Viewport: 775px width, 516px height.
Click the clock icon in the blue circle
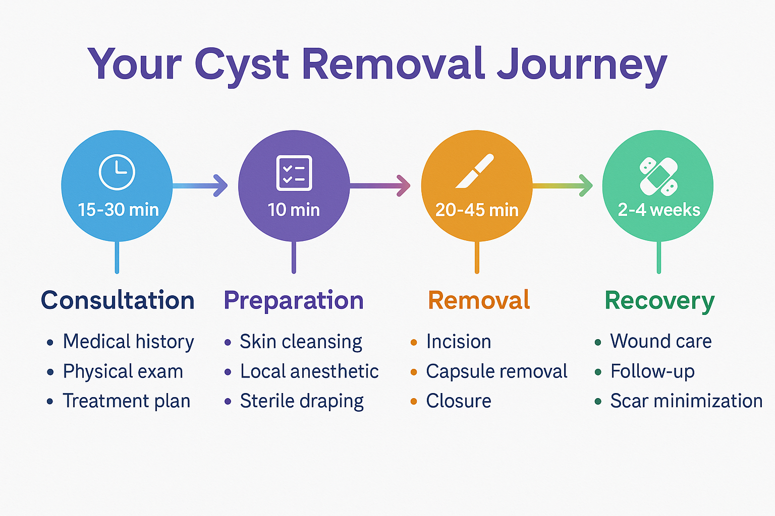(117, 172)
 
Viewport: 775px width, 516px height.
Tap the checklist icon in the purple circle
(294, 173)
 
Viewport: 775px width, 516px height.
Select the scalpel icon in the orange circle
(474, 172)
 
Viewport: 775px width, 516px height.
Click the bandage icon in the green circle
(658, 176)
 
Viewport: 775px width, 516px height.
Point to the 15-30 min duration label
(118, 210)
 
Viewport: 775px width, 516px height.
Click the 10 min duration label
(294, 210)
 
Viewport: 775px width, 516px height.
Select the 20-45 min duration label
(477, 210)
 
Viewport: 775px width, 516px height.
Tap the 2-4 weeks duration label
(659, 210)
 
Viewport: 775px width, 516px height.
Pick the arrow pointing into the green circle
(563, 185)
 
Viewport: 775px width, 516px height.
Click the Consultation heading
(118, 300)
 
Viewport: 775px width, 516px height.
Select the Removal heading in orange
(479, 300)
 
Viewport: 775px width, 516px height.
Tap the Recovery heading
(659, 301)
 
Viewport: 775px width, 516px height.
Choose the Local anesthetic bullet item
(309, 371)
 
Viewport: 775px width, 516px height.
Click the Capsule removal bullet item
(496, 371)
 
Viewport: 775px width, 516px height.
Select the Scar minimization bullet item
(686, 401)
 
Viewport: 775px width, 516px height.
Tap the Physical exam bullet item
(123, 371)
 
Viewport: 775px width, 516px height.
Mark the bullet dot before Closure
(414, 402)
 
